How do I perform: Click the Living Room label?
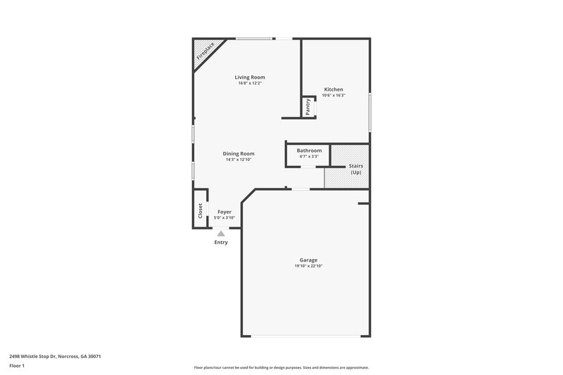250,77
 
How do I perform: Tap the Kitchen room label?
334,89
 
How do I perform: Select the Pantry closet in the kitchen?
308,107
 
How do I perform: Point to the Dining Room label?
239,153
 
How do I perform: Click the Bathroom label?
309,151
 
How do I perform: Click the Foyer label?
224,212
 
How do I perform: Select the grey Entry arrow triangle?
221,234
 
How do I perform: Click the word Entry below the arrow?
221,243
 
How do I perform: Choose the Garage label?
308,260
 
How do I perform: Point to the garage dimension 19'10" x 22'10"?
308,266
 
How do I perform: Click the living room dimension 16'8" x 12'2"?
250,83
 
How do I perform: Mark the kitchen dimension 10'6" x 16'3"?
334,95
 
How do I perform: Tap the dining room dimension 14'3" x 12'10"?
239,160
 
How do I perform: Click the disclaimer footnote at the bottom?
281,367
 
